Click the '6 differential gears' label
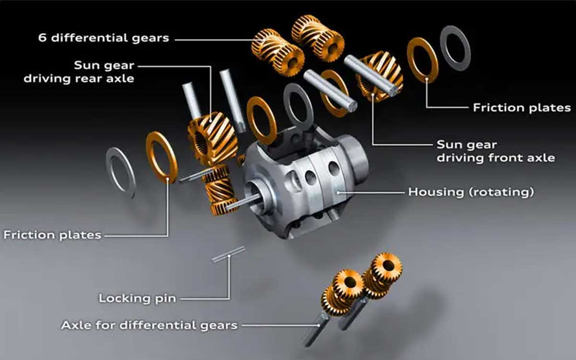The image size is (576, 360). [x=104, y=38]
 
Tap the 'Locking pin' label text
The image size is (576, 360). [x=138, y=298]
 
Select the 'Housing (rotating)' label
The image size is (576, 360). [x=471, y=192]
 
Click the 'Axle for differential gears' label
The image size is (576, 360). [x=149, y=325]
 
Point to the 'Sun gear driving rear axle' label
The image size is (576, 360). [x=79, y=72]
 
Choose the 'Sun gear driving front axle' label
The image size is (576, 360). [x=496, y=151]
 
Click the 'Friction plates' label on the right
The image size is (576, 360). [x=522, y=108]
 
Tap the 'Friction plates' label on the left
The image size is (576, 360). [x=52, y=235]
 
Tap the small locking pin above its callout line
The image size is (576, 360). [x=228, y=254]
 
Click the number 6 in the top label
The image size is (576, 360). [x=42, y=38]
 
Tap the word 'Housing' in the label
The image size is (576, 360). [x=436, y=192]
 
